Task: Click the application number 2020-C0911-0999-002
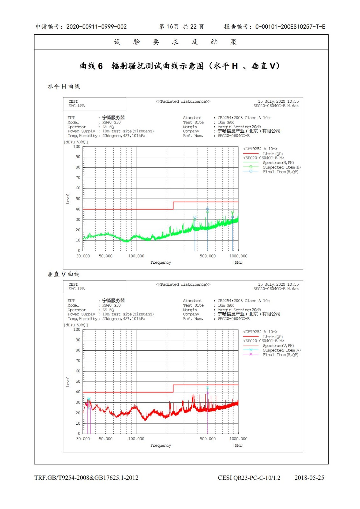pyautogui.click(x=96, y=27)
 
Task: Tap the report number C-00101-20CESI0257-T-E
pyautogui.click(x=290, y=27)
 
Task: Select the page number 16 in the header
pyautogui.click(x=170, y=27)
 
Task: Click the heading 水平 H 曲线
pyautogui.click(x=64, y=87)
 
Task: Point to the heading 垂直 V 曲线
pyautogui.click(x=64, y=274)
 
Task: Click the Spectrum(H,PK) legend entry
pyautogui.click(x=278, y=163)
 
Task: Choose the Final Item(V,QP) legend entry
pyautogui.click(x=280, y=355)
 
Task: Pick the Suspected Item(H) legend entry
pyautogui.click(x=281, y=167)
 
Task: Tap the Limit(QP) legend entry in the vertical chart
pyautogui.click(x=272, y=337)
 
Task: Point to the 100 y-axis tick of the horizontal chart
pyautogui.click(x=77, y=147)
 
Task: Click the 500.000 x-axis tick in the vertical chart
pyautogui.click(x=208, y=439)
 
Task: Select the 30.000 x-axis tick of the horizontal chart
pyautogui.click(x=83, y=256)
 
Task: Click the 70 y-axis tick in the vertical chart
pyautogui.click(x=78, y=361)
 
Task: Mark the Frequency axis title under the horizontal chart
pyautogui.click(x=161, y=262)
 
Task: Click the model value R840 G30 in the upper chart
pyautogui.click(x=111, y=122)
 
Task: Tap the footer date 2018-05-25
pyautogui.click(x=309, y=478)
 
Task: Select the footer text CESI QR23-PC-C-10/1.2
pyautogui.click(x=249, y=478)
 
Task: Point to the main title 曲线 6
pyautogui.click(x=91, y=66)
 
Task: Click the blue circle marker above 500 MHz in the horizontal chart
pyautogui.click(x=208, y=209)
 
